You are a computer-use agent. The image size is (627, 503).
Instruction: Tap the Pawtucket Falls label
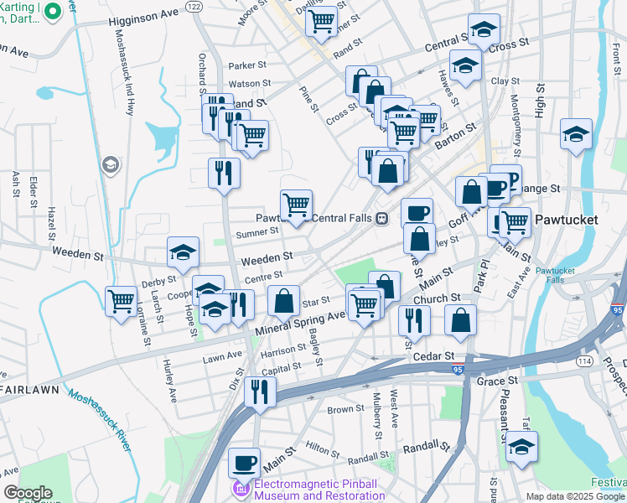(x=557, y=277)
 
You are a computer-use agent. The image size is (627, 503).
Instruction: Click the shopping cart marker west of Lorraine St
(x=122, y=300)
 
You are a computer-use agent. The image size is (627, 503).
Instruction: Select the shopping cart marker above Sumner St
(x=296, y=204)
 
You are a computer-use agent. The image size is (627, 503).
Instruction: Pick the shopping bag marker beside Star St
(x=284, y=300)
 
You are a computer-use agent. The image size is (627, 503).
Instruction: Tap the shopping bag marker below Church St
(x=460, y=319)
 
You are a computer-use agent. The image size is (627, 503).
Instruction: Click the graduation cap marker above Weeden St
(x=183, y=251)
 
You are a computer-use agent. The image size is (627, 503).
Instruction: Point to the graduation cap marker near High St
(x=576, y=134)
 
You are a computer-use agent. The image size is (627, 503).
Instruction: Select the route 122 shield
(x=194, y=6)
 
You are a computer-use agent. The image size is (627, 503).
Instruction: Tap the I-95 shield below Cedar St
(x=469, y=370)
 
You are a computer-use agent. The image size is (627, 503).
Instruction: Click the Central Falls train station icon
(x=381, y=219)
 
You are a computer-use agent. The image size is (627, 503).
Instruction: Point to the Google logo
(x=27, y=493)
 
